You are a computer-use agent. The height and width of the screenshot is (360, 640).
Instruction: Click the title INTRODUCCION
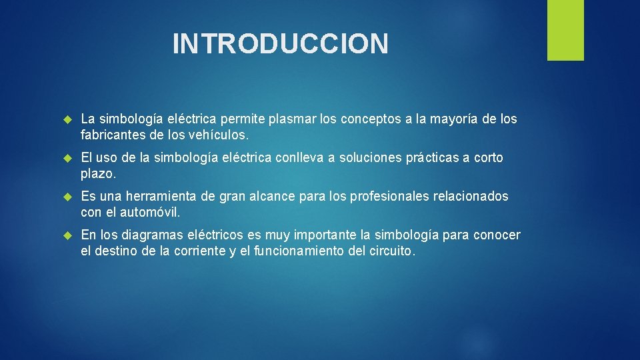point(280,43)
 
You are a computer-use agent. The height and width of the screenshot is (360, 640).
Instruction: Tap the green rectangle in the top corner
point(565,30)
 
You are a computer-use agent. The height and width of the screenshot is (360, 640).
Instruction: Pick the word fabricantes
point(113,135)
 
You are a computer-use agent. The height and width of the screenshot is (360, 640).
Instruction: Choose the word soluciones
point(371,158)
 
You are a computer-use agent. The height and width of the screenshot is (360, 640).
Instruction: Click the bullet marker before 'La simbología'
point(66,120)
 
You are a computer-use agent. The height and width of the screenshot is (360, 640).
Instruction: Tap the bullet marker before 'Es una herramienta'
point(66,197)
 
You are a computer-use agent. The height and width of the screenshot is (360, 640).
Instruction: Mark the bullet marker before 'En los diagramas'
point(66,236)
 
